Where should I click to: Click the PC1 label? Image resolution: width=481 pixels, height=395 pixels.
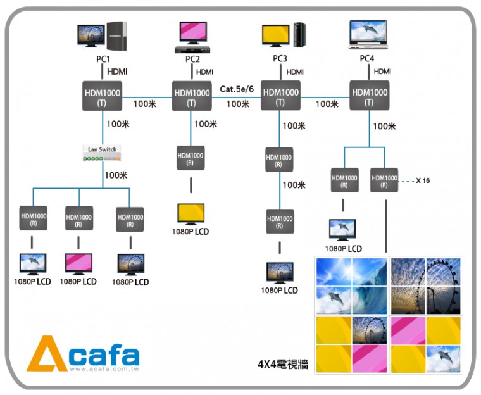pos(103,59)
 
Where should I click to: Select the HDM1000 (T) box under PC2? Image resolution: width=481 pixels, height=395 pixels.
pos(191,96)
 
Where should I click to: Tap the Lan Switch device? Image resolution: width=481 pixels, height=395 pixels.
pos(103,153)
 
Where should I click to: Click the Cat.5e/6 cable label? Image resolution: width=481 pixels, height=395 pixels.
pos(237,89)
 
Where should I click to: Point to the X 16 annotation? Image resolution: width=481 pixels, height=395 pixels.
pos(423,180)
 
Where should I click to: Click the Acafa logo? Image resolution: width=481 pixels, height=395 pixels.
pos(83,354)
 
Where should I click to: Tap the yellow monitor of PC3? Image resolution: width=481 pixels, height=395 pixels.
pos(276,35)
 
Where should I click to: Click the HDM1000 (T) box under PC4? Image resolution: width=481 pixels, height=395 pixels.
pos(368,96)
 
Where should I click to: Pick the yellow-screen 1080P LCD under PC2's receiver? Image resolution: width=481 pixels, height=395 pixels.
pos(191,214)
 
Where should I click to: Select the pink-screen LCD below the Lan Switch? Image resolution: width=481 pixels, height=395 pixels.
pos(78,263)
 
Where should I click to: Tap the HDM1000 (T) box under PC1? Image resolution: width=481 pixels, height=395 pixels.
pos(103,96)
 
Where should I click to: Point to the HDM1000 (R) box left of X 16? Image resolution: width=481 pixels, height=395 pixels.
pos(384,180)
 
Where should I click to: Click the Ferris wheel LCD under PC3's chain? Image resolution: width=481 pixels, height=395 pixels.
pos(280,273)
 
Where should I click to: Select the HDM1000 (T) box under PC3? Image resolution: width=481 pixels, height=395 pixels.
pos(280,96)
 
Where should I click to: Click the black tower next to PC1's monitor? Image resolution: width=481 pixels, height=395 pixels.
pos(118,36)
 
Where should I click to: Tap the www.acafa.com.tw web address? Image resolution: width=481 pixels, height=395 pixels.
pos(104,369)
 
